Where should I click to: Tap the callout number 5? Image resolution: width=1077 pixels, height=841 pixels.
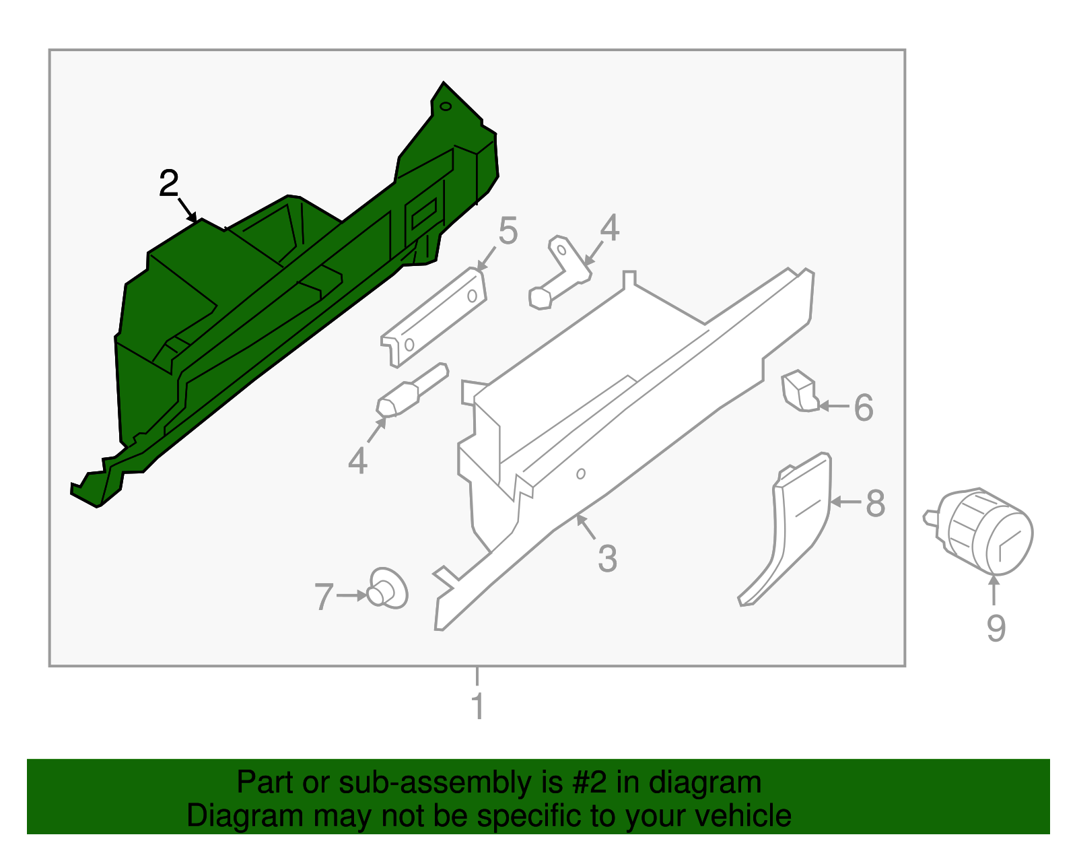(x=508, y=231)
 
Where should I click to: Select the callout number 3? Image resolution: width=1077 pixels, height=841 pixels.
(x=607, y=559)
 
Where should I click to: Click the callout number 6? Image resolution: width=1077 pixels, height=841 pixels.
(x=864, y=407)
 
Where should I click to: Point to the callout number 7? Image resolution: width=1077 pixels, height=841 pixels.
(x=324, y=597)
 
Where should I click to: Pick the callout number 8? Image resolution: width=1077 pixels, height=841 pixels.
(x=875, y=503)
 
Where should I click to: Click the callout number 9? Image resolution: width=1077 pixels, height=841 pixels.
(x=996, y=628)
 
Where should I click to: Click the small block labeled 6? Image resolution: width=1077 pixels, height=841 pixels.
(x=799, y=391)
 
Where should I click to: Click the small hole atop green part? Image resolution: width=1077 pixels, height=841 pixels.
(x=445, y=106)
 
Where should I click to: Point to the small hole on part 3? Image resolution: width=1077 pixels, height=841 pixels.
(x=581, y=473)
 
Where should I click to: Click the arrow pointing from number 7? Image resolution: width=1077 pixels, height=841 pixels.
(x=351, y=596)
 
